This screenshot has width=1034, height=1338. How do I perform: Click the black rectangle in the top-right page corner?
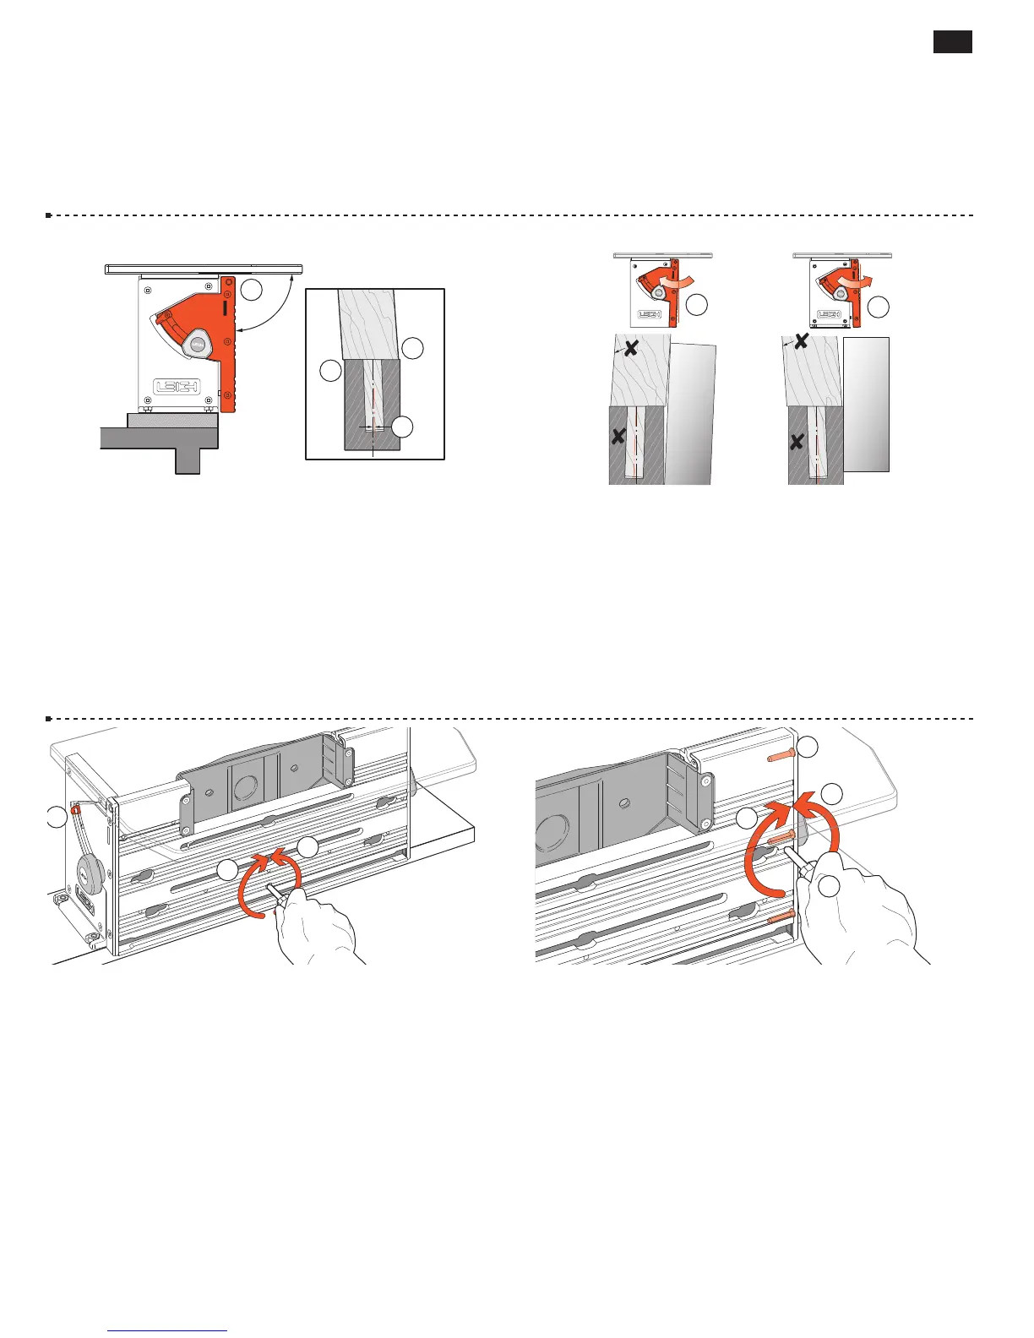point(952,41)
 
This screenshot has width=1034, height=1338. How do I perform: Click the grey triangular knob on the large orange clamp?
point(197,343)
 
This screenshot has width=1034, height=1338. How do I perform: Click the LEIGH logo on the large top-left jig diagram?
point(177,387)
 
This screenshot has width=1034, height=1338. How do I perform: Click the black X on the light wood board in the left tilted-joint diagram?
point(630,347)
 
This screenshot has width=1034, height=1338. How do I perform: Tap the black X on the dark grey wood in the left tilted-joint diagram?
point(618,436)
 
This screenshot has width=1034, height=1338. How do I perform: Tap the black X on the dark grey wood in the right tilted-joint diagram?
point(796,441)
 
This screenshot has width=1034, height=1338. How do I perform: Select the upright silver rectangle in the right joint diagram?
point(867,404)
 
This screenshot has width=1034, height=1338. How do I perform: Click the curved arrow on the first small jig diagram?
point(680,283)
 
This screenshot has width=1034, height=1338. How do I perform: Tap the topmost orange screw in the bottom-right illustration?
point(781,758)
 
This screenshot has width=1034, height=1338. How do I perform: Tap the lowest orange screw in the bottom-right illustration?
point(781,915)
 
